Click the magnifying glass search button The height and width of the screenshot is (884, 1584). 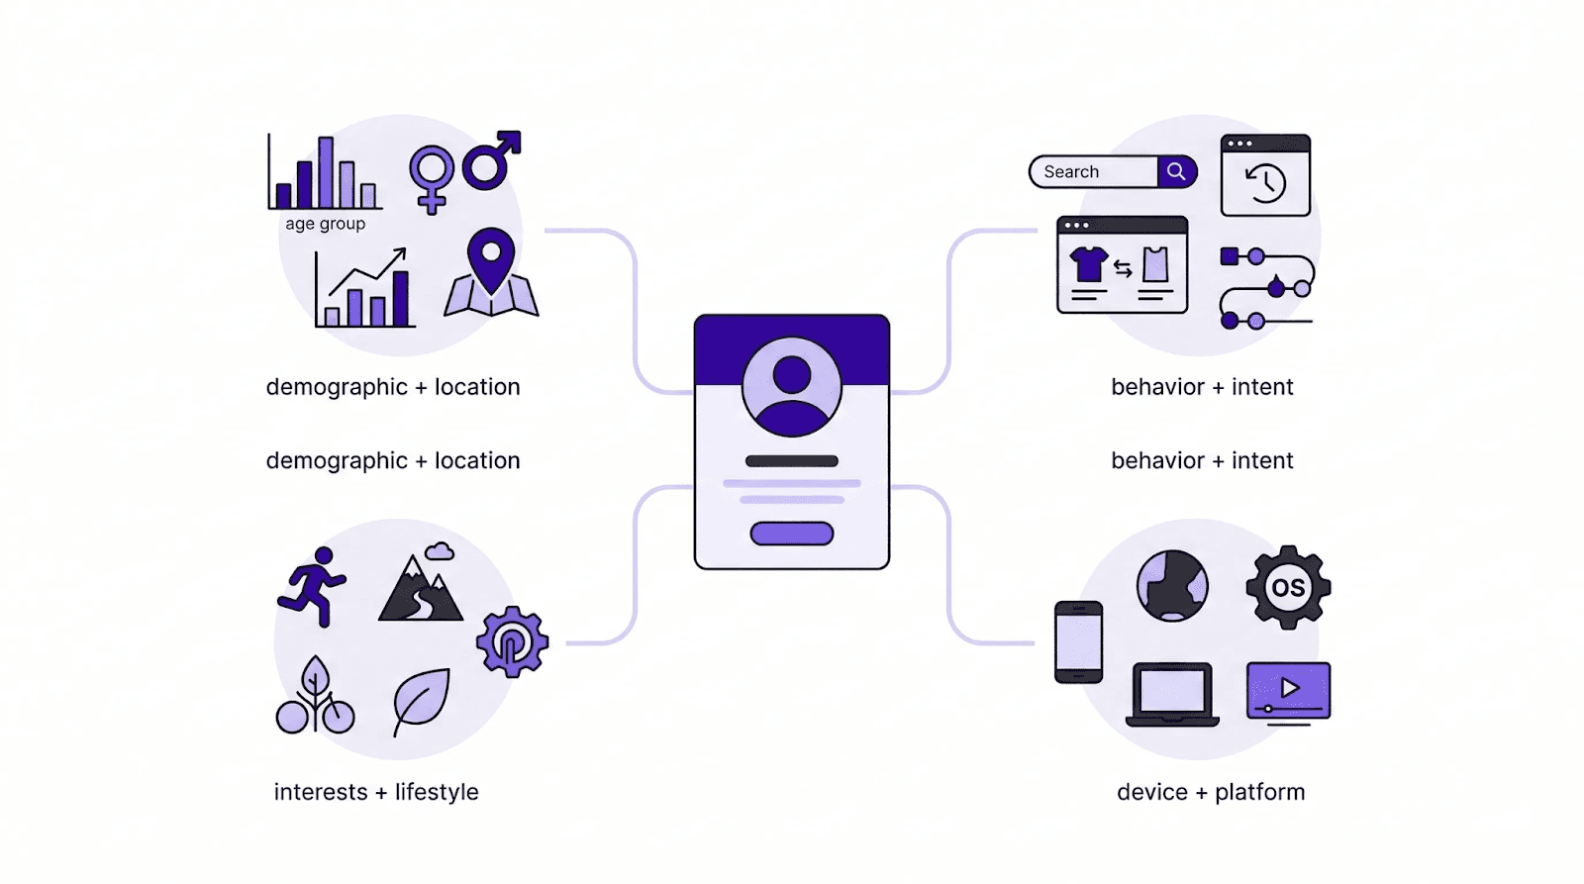coord(1176,171)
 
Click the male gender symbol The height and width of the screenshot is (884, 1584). coord(491,160)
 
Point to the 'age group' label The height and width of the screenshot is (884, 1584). coord(326,224)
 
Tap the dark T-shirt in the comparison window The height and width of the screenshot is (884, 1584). coord(1089,264)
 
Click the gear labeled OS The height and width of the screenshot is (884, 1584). coord(1288,587)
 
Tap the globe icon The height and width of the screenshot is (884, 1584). coord(1172,586)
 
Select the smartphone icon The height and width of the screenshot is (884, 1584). coord(1078,641)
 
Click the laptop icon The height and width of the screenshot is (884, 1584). coord(1172,694)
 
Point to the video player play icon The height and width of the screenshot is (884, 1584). coord(1288,689)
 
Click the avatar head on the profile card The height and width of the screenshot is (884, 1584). coord(792,376)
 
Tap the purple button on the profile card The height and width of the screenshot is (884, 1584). coord(792,534)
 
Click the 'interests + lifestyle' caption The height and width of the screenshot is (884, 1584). coord(376,792)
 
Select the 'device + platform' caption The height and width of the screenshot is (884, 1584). coord(1211,792)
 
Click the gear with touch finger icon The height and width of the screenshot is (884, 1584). coord(512,642)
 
